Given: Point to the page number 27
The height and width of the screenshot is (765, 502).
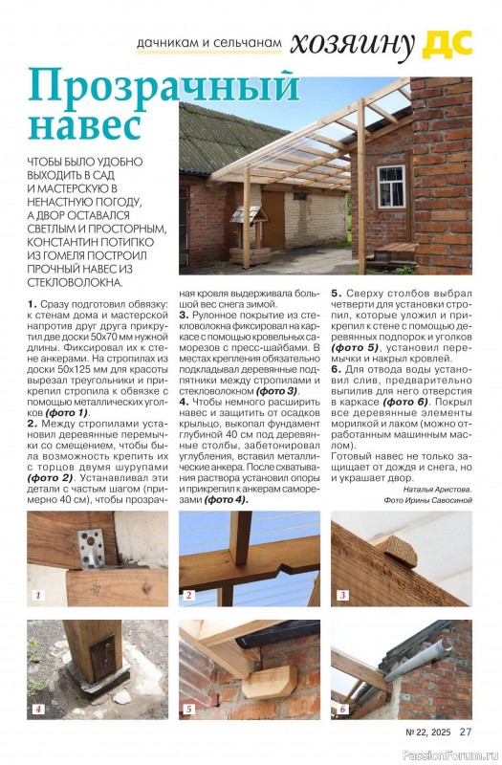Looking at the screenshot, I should [466, 732].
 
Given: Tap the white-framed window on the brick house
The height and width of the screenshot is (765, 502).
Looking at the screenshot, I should [391, 186].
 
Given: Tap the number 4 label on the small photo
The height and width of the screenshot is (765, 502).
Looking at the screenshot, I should [38, 710].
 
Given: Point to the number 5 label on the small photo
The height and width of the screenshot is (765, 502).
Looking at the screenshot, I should [189, 710].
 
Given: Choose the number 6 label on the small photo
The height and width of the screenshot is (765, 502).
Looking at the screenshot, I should [341, 710].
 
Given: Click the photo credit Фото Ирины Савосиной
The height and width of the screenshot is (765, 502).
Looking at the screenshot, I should [427, 499].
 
